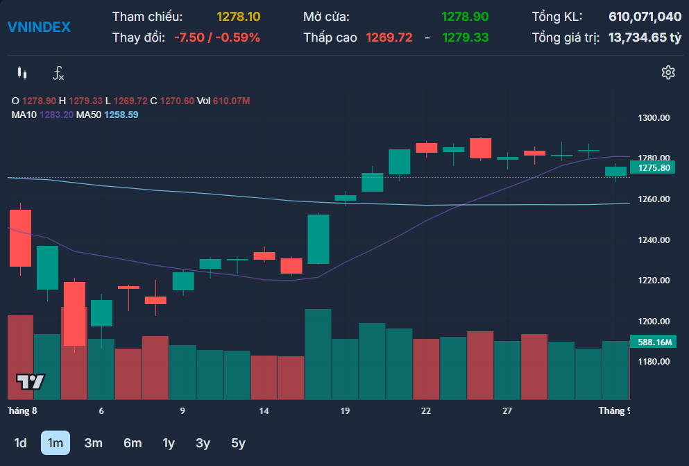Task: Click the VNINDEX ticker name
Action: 39,27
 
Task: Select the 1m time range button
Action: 56,442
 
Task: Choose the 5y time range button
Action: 238,442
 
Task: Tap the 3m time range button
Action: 94,442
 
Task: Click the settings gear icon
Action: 668,72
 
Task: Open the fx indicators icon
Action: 58,73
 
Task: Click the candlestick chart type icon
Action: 22,73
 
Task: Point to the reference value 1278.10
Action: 239,17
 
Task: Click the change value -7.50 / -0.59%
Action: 217,38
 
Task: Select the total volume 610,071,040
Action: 645,17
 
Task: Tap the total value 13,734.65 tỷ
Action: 645,38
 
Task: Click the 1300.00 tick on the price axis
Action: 654,118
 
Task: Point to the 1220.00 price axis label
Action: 654,281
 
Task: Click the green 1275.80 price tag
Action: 652,167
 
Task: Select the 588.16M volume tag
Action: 653,342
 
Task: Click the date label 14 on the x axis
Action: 264,411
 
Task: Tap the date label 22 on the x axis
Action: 426,411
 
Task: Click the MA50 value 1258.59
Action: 121,115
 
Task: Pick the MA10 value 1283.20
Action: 56,115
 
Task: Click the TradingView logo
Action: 31,381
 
